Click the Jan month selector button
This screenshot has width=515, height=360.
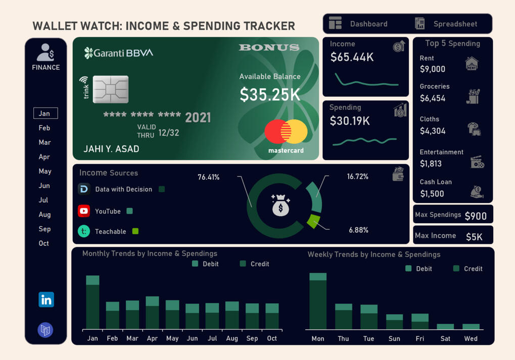click(45, 113)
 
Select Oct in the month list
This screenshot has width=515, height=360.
click(44, 243)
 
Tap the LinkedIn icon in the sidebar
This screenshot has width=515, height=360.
click(46, 299)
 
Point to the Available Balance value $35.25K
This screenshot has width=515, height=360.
click(270, 94)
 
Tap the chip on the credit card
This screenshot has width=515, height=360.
click(111, 89)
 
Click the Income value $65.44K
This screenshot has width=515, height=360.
click(352, 58)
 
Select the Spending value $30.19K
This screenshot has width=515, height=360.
click(350, 121)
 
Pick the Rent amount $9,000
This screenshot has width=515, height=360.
click(432, 69)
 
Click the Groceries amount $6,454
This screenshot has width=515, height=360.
click(432, 98)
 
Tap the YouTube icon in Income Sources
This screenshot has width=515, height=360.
click(84, 211)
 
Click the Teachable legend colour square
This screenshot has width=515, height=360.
click(135, 231)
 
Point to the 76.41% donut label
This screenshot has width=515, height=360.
click(208, 177)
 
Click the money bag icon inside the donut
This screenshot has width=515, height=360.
click(280, 205)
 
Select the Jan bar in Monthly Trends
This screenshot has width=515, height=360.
click(92, 302)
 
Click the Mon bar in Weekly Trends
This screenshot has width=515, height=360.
click(318, 301)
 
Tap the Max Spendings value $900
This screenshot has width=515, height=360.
click(476, 216)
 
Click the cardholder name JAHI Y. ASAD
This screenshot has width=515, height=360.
click(111, 149)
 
